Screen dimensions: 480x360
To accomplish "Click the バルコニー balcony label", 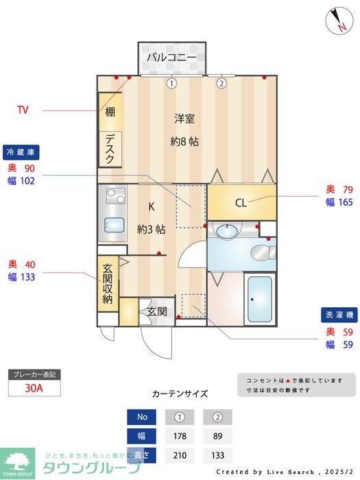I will point(171,57).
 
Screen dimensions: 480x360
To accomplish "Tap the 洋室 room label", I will point(184,118).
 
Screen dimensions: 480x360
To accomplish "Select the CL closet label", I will point(241,202).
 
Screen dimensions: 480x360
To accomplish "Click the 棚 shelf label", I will point(110,112).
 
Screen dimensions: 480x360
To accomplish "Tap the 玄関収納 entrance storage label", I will point(108,283).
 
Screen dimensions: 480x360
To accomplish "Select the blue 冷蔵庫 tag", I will point(21,152).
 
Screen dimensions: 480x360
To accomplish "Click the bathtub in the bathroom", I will point(259,300).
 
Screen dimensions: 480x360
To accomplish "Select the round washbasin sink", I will point(226,231).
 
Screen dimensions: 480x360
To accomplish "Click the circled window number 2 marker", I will point(221,84).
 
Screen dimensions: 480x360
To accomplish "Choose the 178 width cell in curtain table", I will point(180,435).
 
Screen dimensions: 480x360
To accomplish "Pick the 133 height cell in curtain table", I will point(217,454).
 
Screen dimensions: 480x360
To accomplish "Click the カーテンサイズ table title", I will point(180,394).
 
